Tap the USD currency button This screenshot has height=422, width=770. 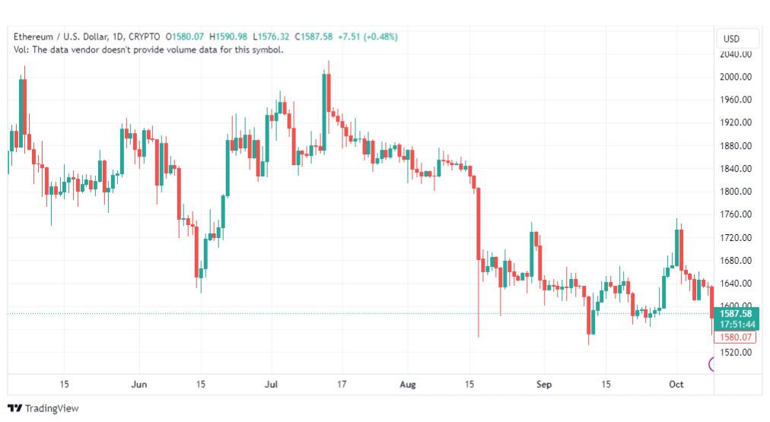pos(731,39)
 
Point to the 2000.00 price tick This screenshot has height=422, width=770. pos(736,77)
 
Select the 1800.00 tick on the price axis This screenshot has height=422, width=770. pos(736,192)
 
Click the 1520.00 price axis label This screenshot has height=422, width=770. pos(736,352)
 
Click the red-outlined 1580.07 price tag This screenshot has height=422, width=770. pos(736,337)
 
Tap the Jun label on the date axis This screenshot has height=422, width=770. pos(139,384)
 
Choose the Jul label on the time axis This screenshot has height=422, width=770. pos(271,384)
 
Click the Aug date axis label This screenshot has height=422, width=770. pos(408,384)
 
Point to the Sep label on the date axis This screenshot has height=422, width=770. pos(544,384)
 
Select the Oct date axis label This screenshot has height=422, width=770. pos(676,384)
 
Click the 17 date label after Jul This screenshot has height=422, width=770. pos(342,384)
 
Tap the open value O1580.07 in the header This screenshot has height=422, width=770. pos(185,36)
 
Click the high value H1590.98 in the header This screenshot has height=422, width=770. pos(228,36)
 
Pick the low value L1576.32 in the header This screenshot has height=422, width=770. pos(271,36)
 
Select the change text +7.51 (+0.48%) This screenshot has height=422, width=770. pos(367,36)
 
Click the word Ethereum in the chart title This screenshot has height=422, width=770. pos(33,36)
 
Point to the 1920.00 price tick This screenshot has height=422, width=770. pos(736,122)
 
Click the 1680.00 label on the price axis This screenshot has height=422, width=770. pos(736,261)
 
